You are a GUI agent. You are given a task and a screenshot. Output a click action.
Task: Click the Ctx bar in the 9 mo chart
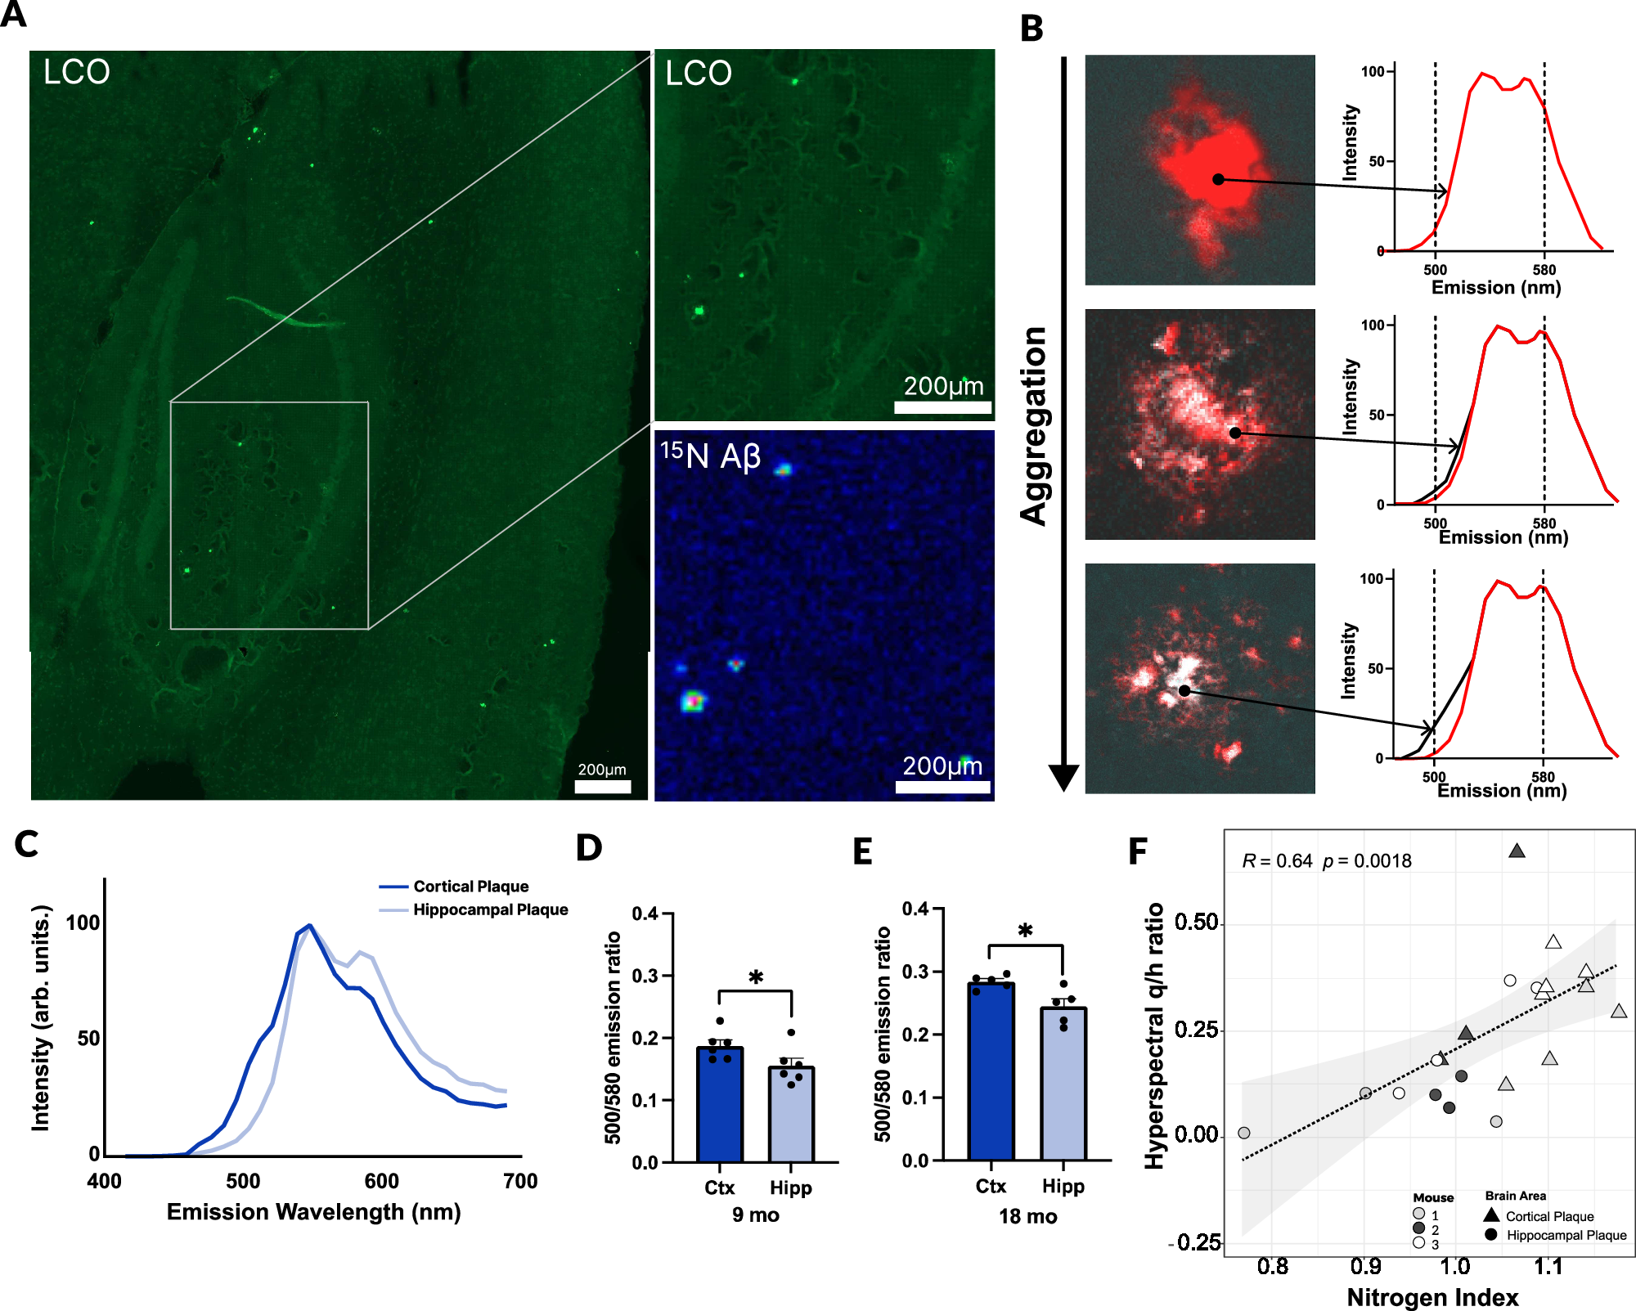coord(720,1104)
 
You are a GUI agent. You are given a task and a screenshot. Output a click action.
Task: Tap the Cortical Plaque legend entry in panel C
coord(470,887)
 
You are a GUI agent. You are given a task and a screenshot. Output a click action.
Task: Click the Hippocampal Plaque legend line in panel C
coord(393,909)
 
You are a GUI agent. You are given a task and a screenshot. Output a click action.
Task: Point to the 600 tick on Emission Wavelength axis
coord(381,1180)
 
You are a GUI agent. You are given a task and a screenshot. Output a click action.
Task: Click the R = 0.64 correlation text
coord(1277,860)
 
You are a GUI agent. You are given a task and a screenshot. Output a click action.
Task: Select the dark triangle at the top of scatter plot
coord(1517,851)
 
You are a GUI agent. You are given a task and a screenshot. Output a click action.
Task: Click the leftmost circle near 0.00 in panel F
coord(1243,1133)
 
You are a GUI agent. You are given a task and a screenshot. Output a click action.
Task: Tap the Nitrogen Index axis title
coord(1432,1297)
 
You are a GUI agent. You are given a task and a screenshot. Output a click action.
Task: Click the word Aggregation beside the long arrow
coord(1034,425)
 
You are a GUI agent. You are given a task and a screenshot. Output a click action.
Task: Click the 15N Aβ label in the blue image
coord(710,455)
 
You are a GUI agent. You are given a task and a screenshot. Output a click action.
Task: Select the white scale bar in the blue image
coord(942,787)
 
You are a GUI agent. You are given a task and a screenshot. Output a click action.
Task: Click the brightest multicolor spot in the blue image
coord(693,701)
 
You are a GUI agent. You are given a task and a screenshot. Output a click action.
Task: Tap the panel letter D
coord(589,848)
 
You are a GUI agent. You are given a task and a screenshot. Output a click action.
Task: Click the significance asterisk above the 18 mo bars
coord(1025,931)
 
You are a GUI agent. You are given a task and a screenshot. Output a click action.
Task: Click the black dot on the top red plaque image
coord(1218,179)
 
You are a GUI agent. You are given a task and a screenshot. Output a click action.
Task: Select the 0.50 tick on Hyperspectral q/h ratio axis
coord(1196,923)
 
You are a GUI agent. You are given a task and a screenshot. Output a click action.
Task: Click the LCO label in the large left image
coord(76,72)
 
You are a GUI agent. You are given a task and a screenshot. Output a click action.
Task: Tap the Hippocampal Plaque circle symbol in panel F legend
coord(1490,1234)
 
